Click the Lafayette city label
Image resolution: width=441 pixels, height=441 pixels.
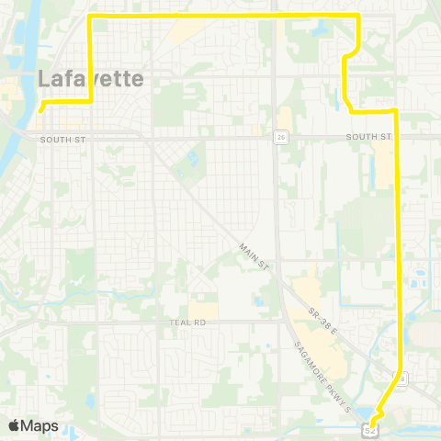click(91, 79)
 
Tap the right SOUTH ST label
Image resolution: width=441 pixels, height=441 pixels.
click(368, 137)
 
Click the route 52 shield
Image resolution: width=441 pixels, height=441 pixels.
click(370, 427)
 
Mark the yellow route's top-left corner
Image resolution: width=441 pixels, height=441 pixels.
click(88, 17)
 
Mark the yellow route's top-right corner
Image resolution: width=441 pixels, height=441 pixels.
click(356, 17)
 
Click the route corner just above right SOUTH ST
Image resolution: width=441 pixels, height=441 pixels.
click(395, 111)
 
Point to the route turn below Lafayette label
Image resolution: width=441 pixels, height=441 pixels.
click(89, 103)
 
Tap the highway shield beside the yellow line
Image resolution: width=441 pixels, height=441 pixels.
click(401, 379)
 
